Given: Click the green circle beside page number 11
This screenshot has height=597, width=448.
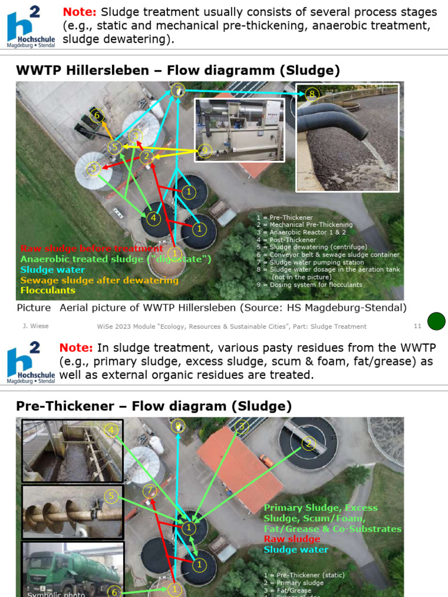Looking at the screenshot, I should [436, 321].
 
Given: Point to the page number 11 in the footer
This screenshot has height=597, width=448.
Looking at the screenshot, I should [417, 326].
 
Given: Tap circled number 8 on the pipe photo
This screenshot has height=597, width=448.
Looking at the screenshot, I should [312, 94].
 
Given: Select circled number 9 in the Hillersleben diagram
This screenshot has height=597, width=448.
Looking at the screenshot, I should [204, 150].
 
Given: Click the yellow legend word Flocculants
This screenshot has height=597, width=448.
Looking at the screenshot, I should [48, 290].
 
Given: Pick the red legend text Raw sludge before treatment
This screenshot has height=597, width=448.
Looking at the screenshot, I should [92, 249].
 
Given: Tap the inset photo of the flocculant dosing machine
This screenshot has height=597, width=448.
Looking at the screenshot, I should [239, 129].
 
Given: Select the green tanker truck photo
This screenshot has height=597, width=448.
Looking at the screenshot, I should [72, 568].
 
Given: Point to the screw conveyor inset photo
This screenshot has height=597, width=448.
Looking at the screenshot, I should [72, 512].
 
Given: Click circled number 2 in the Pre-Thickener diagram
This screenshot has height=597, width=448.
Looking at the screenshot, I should [308, 444].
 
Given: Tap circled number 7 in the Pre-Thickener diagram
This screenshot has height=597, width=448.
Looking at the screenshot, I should [150, 490].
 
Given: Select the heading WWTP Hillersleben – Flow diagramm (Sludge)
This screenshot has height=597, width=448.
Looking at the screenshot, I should [178, 71].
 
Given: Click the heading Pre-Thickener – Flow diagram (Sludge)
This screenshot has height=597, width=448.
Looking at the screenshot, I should [154, 406].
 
